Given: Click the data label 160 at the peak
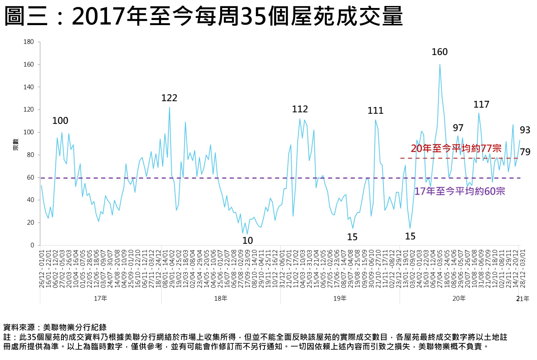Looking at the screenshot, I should pos(439,52).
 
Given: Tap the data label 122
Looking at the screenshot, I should pos(169,98).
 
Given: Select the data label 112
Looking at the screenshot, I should pos(300,109).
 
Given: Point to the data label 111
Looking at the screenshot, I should pos(375,111).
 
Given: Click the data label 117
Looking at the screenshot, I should pos(481,105).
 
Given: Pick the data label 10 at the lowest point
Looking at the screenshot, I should pos(248,241).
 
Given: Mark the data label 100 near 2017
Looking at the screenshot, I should pos(60,121).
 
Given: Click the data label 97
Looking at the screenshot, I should pos(458,128).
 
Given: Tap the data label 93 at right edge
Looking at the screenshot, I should pos(525,130).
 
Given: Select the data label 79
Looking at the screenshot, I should pos(525,152).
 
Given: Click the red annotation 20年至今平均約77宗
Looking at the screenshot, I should pos(456,148).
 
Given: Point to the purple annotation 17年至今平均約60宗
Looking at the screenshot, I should pos(459,191).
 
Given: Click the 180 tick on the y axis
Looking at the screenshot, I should pos(29,42).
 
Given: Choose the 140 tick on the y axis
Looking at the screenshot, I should pos(29,87).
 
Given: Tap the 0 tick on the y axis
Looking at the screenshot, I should pos(32,245).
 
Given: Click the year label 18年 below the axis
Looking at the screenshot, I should pos(220,298).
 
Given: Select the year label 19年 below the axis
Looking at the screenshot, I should pos(340,298).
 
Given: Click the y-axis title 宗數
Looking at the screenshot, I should pos(16,145).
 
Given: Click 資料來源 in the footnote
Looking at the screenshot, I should pos(19,327).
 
